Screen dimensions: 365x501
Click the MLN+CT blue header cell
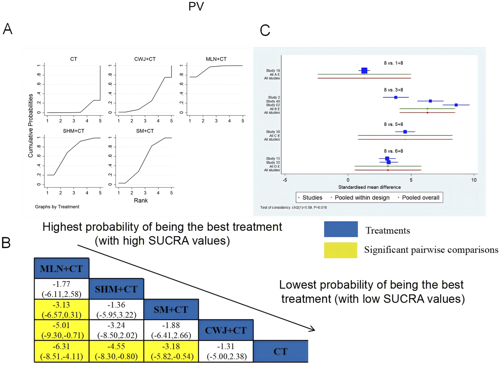point(61,268)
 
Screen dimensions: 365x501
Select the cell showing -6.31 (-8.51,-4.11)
point(61,351)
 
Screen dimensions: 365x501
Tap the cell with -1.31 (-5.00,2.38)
point(226,351)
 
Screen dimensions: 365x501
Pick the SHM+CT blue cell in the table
point(116,289)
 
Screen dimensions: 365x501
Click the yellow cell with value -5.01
point(61,330)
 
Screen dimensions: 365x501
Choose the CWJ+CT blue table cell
point(226,330)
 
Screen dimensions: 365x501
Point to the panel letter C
point(265,31)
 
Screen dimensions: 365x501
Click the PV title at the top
point(196,6)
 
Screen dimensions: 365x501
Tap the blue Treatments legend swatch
point(341,229)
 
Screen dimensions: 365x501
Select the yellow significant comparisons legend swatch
point(341,250)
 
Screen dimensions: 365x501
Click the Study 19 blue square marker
point(364,71)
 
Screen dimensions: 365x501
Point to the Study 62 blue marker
point(456,105)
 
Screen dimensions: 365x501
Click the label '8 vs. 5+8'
point(393,124)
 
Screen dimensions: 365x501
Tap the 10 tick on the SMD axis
point(474,180)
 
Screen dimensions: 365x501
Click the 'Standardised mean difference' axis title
point(369,187)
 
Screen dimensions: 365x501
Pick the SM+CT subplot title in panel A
point(145,131)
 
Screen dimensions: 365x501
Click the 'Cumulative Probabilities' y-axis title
point(31,126)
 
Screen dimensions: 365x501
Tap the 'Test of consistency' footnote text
point(293,208)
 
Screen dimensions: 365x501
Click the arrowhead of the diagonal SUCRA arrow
point(312,329)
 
